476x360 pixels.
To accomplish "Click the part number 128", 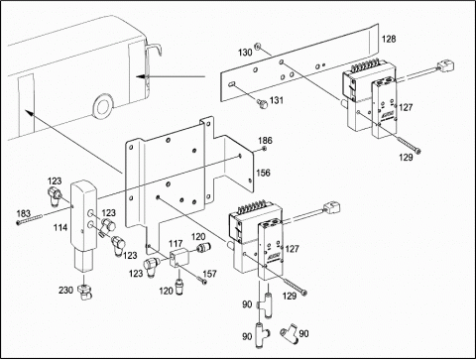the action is click(389, 39).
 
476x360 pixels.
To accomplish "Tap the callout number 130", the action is click(245, 53).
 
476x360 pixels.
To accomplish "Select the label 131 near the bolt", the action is click(277, 100).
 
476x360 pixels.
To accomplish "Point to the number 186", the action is click(265, 141).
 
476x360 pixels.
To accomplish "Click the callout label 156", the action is click(263, 173).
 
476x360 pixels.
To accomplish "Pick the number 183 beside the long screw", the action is click(24, 213).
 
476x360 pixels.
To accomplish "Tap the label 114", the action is click(60, 227).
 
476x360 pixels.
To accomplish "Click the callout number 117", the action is click(176, 244).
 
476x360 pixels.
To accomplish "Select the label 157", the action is click(209, 274).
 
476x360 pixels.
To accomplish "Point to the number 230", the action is click(65, 290).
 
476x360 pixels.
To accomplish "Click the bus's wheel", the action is click(103, 106).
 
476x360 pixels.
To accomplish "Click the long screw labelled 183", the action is click(30, 219).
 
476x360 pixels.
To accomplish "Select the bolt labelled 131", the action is click(262, 103).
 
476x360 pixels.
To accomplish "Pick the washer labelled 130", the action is click(258, 46).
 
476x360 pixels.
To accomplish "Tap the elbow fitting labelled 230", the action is click(84, 292).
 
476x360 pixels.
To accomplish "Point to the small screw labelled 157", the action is click(202, 281).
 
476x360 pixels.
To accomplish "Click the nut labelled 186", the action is click(264, 149).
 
